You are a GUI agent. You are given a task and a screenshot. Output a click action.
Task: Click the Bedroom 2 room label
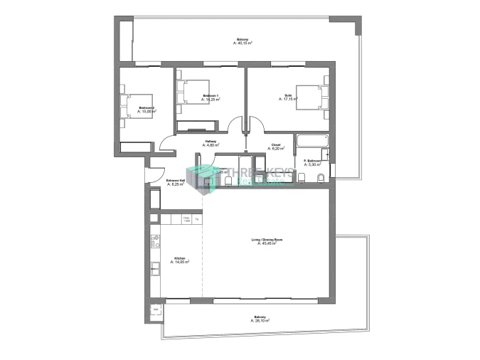146,108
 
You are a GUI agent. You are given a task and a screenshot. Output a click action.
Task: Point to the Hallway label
210,142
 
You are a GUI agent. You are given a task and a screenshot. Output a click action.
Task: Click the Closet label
276,145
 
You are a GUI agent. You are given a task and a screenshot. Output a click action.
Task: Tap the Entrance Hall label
176,181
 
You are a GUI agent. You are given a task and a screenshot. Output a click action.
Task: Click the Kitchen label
179,259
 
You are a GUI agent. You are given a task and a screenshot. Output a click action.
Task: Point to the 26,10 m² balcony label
260,318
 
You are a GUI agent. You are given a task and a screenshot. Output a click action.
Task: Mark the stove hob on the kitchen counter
154,241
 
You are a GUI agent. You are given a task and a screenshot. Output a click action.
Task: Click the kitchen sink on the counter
154,269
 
